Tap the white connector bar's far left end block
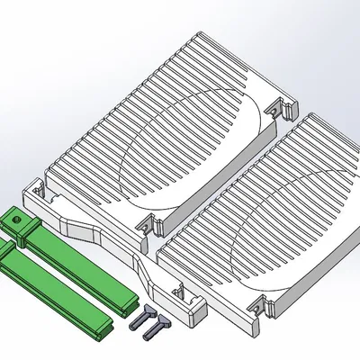36,193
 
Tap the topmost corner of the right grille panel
310,115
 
